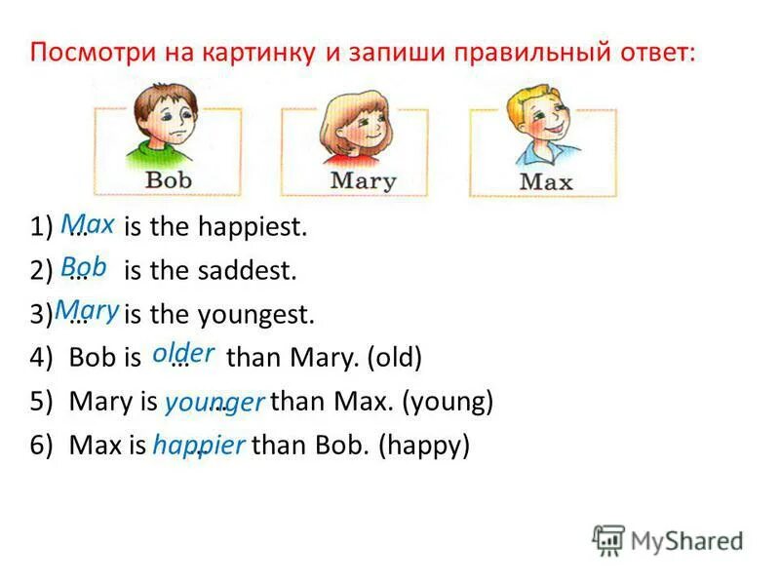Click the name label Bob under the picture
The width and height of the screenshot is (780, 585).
click(x=169, y=180)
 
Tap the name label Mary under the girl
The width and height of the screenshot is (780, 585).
click(x=363, y=180)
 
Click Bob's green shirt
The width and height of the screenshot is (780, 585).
click(x=166, y=155)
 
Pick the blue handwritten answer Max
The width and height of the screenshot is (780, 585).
click(x=88, y=224)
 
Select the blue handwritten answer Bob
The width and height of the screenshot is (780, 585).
click(x=84, y=267)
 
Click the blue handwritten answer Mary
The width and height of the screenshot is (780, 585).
click(x=88, y=310)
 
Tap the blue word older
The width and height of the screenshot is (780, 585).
click(x=183, y=353)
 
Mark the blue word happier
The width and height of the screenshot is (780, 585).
click(x=199, y=445)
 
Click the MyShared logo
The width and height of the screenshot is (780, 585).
click(x=668, y=539)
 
